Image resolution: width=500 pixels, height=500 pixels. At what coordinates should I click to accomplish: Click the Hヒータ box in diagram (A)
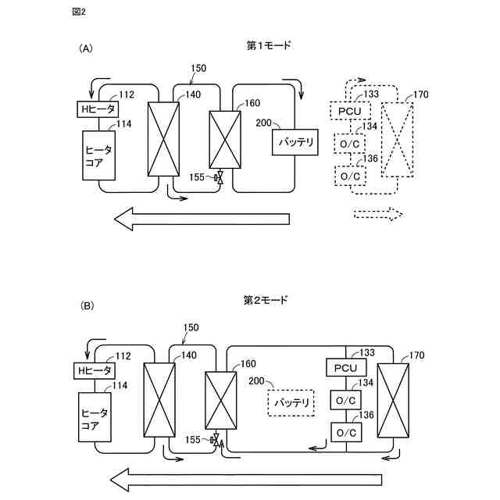point(95,109)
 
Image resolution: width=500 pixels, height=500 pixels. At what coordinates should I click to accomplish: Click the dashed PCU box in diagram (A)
point(349,112)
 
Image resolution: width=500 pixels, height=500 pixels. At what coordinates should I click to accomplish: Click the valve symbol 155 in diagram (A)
point(220,179)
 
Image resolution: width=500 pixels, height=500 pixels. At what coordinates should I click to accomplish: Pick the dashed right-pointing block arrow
point(377,214)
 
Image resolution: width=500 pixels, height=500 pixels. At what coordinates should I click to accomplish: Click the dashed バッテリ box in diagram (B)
point(290,403)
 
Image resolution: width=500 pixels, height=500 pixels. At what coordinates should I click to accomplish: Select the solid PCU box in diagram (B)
point(345,368)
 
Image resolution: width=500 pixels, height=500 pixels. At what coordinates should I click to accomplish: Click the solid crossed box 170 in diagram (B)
point(393,401)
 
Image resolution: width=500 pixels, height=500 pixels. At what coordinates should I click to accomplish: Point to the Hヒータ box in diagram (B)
point(95,370)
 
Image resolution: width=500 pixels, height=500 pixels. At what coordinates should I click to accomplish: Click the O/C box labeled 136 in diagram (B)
point(345,432)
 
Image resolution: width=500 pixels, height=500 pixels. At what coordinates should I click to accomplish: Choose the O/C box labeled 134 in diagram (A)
point(349,144)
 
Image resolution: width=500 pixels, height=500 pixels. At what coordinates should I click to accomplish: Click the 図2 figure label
point(78,13)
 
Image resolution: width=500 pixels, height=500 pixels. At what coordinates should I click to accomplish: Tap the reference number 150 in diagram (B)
point(190,328)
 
